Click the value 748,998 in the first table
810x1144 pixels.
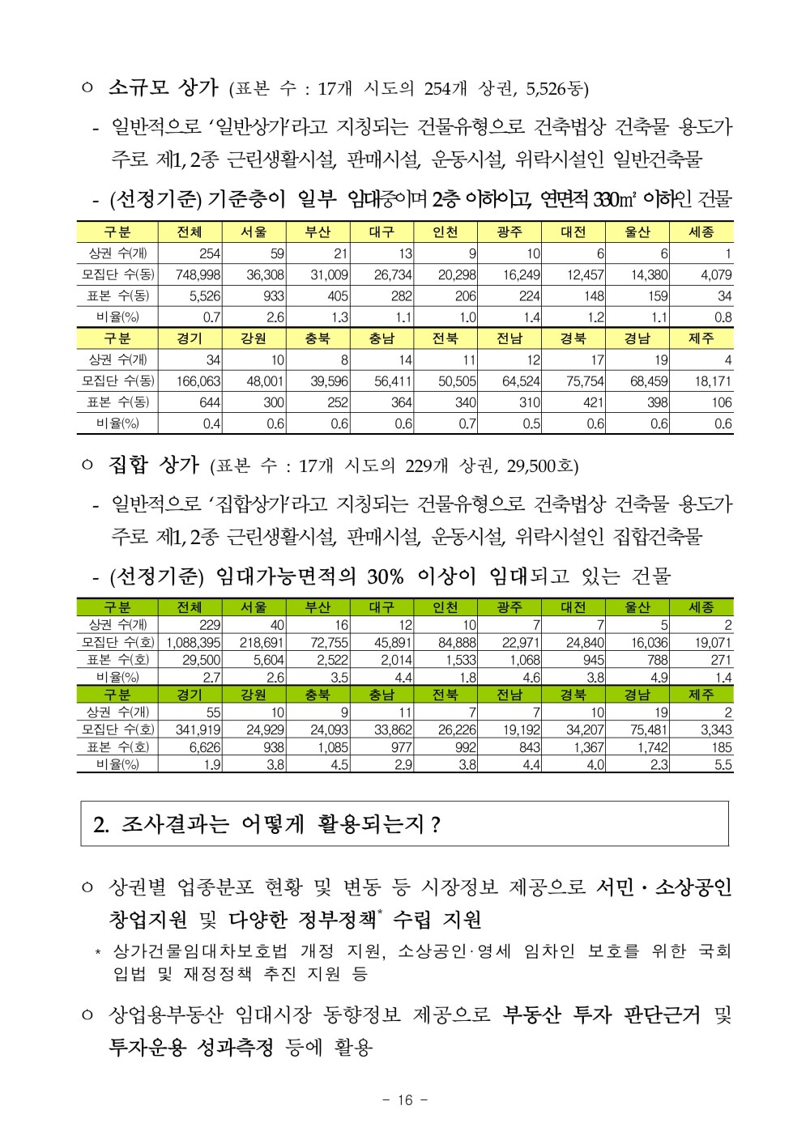[198, 275]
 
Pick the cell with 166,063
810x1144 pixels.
[198, 381]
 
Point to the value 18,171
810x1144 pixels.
[710, 381]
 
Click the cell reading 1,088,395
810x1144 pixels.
[194, 643]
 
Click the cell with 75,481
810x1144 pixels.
[648, 730]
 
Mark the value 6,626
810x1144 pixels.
[205, 747]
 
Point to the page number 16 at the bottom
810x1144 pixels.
[405, 1099]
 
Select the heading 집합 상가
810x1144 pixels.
[154, 465]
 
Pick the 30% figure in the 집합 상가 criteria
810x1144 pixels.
[385, 576]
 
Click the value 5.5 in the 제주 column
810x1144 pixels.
[723, 765]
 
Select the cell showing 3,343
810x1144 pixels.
[716, 730]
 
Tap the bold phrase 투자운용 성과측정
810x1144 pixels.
[191, 1047]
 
